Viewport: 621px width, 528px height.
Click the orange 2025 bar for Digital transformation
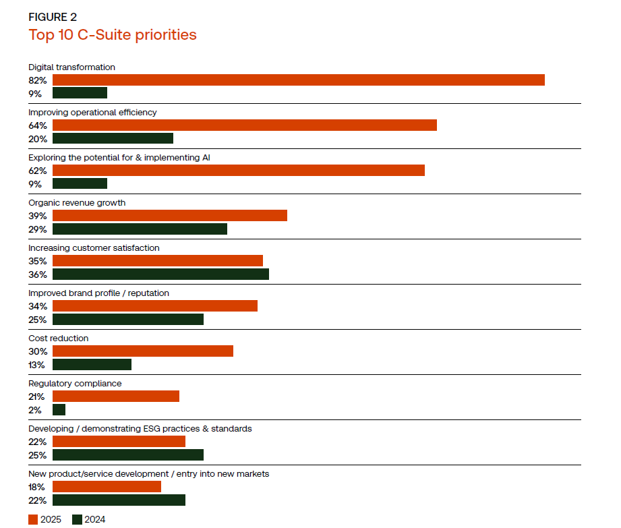(298, 80)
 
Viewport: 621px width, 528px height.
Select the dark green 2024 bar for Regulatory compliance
(59, 410)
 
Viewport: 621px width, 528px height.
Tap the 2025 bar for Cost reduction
(142, 351)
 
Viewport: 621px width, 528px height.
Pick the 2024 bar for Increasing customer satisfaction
(160, 274)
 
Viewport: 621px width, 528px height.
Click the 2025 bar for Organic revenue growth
(169, 216)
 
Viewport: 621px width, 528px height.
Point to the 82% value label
(38, 80)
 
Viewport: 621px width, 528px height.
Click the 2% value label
(35, 410)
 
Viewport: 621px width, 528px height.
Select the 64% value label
(38, 125)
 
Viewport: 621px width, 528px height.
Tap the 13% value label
(37, 365)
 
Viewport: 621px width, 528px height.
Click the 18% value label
(37, 487)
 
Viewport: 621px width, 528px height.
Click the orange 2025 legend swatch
(33, 519)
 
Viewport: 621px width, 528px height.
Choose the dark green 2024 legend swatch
(77, 519)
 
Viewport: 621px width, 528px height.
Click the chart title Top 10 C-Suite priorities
(113, 34)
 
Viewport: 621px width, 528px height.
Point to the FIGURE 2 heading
(53, 18)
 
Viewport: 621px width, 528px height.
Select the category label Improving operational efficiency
(92, 112)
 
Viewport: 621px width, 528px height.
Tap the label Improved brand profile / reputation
(98, 293)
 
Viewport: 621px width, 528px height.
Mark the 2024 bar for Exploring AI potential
(80, 184)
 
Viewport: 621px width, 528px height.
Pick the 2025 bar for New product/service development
(107, 487)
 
